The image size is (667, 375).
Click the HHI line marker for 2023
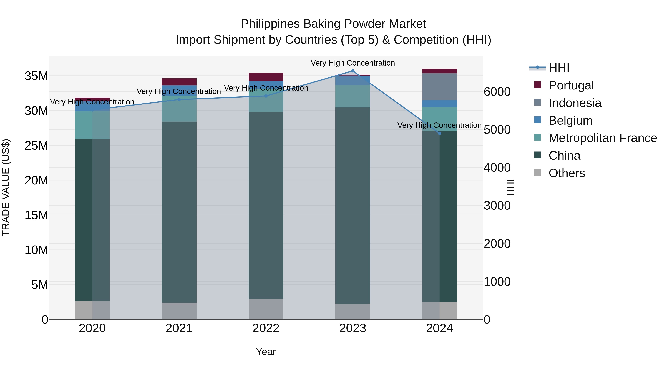(x=353, y=71)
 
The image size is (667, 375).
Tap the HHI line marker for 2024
(x=439, y=133)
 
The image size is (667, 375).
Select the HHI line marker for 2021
(x=179, y=99)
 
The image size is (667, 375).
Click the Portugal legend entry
(x=571, y=85)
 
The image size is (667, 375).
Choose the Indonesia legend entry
(x=575, y=103)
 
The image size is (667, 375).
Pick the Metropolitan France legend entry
(x=603, y=138)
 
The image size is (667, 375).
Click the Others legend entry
(x=567, y=173)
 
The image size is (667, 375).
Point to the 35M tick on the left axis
(x=36, y=76)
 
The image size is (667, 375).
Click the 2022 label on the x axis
(x=266, y=328)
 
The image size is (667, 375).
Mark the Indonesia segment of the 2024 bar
(x=439, y=87)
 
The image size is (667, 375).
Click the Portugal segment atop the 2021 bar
(x=179, y=82)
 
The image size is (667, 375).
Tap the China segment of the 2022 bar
(x=266, y=205)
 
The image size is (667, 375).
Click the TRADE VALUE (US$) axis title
(x=6, y=187)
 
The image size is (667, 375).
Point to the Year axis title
(x=266, y=352)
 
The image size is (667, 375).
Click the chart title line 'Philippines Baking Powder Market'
(x=333, y=24)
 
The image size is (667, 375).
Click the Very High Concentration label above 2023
(x=353, y=63)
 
